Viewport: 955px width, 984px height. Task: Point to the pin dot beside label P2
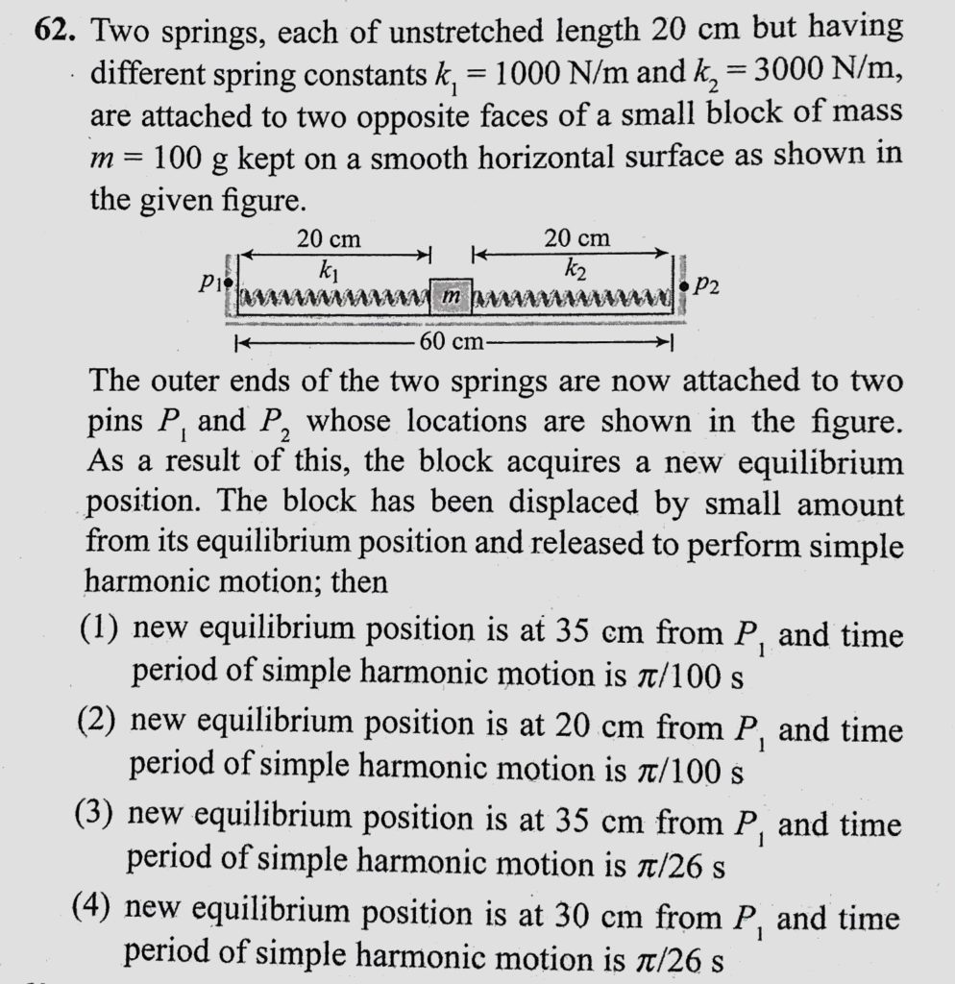[683, 285]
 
